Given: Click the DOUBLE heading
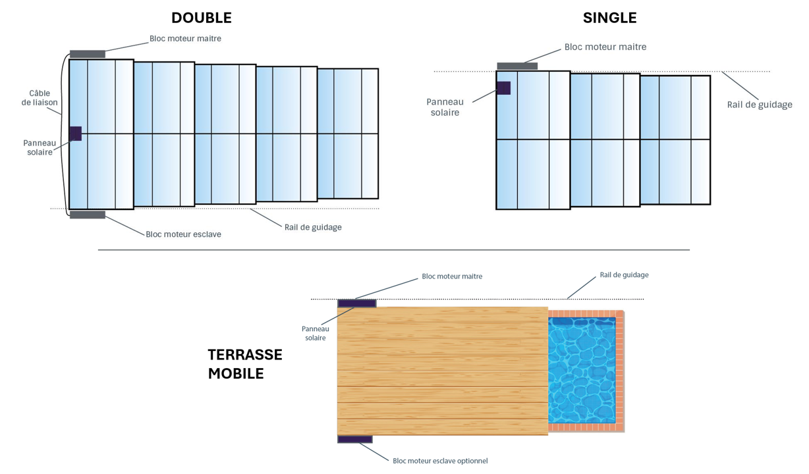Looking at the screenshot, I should [201, 18].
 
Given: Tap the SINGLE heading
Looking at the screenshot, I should [609, 18].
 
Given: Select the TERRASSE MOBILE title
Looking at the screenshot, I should [244, 364].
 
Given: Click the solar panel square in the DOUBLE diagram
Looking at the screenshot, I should [75, 134].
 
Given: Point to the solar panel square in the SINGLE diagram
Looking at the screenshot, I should [503, 88].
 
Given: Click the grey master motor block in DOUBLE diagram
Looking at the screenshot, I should [88, 54].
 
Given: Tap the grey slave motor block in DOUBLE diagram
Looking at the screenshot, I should [88, 215].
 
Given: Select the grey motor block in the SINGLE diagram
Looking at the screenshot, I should [517, 66].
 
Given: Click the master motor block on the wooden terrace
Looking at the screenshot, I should [356, 303].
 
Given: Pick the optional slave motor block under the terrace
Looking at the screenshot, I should [355, 439].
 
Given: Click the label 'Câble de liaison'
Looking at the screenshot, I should [40, 98].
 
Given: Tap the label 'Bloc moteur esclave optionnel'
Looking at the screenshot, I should [440, 461].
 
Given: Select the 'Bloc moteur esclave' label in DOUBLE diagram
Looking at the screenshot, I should [183, 234].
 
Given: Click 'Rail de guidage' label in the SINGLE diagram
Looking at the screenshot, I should [760, 105].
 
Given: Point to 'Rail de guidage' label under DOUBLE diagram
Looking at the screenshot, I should [313, 227].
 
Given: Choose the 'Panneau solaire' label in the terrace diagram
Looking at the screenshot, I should [314, 333].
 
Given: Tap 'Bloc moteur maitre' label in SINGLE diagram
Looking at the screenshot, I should [605, 47].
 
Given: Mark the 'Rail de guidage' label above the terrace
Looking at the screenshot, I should [624, 275].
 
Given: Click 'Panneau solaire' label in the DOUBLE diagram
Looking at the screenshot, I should [40, 147].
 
